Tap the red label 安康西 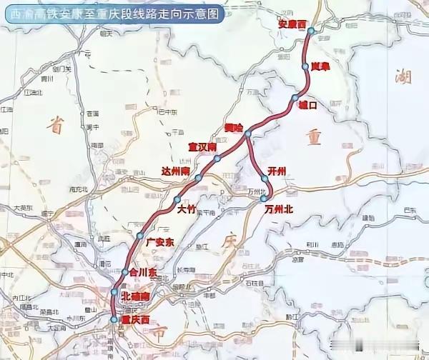292,25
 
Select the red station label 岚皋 319,66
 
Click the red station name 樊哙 234,127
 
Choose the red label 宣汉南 202,146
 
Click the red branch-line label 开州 276,170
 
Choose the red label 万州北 279,209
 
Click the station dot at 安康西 311,31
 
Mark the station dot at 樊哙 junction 247,134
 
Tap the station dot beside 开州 265,179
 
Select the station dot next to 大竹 177,200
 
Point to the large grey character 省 56,124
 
